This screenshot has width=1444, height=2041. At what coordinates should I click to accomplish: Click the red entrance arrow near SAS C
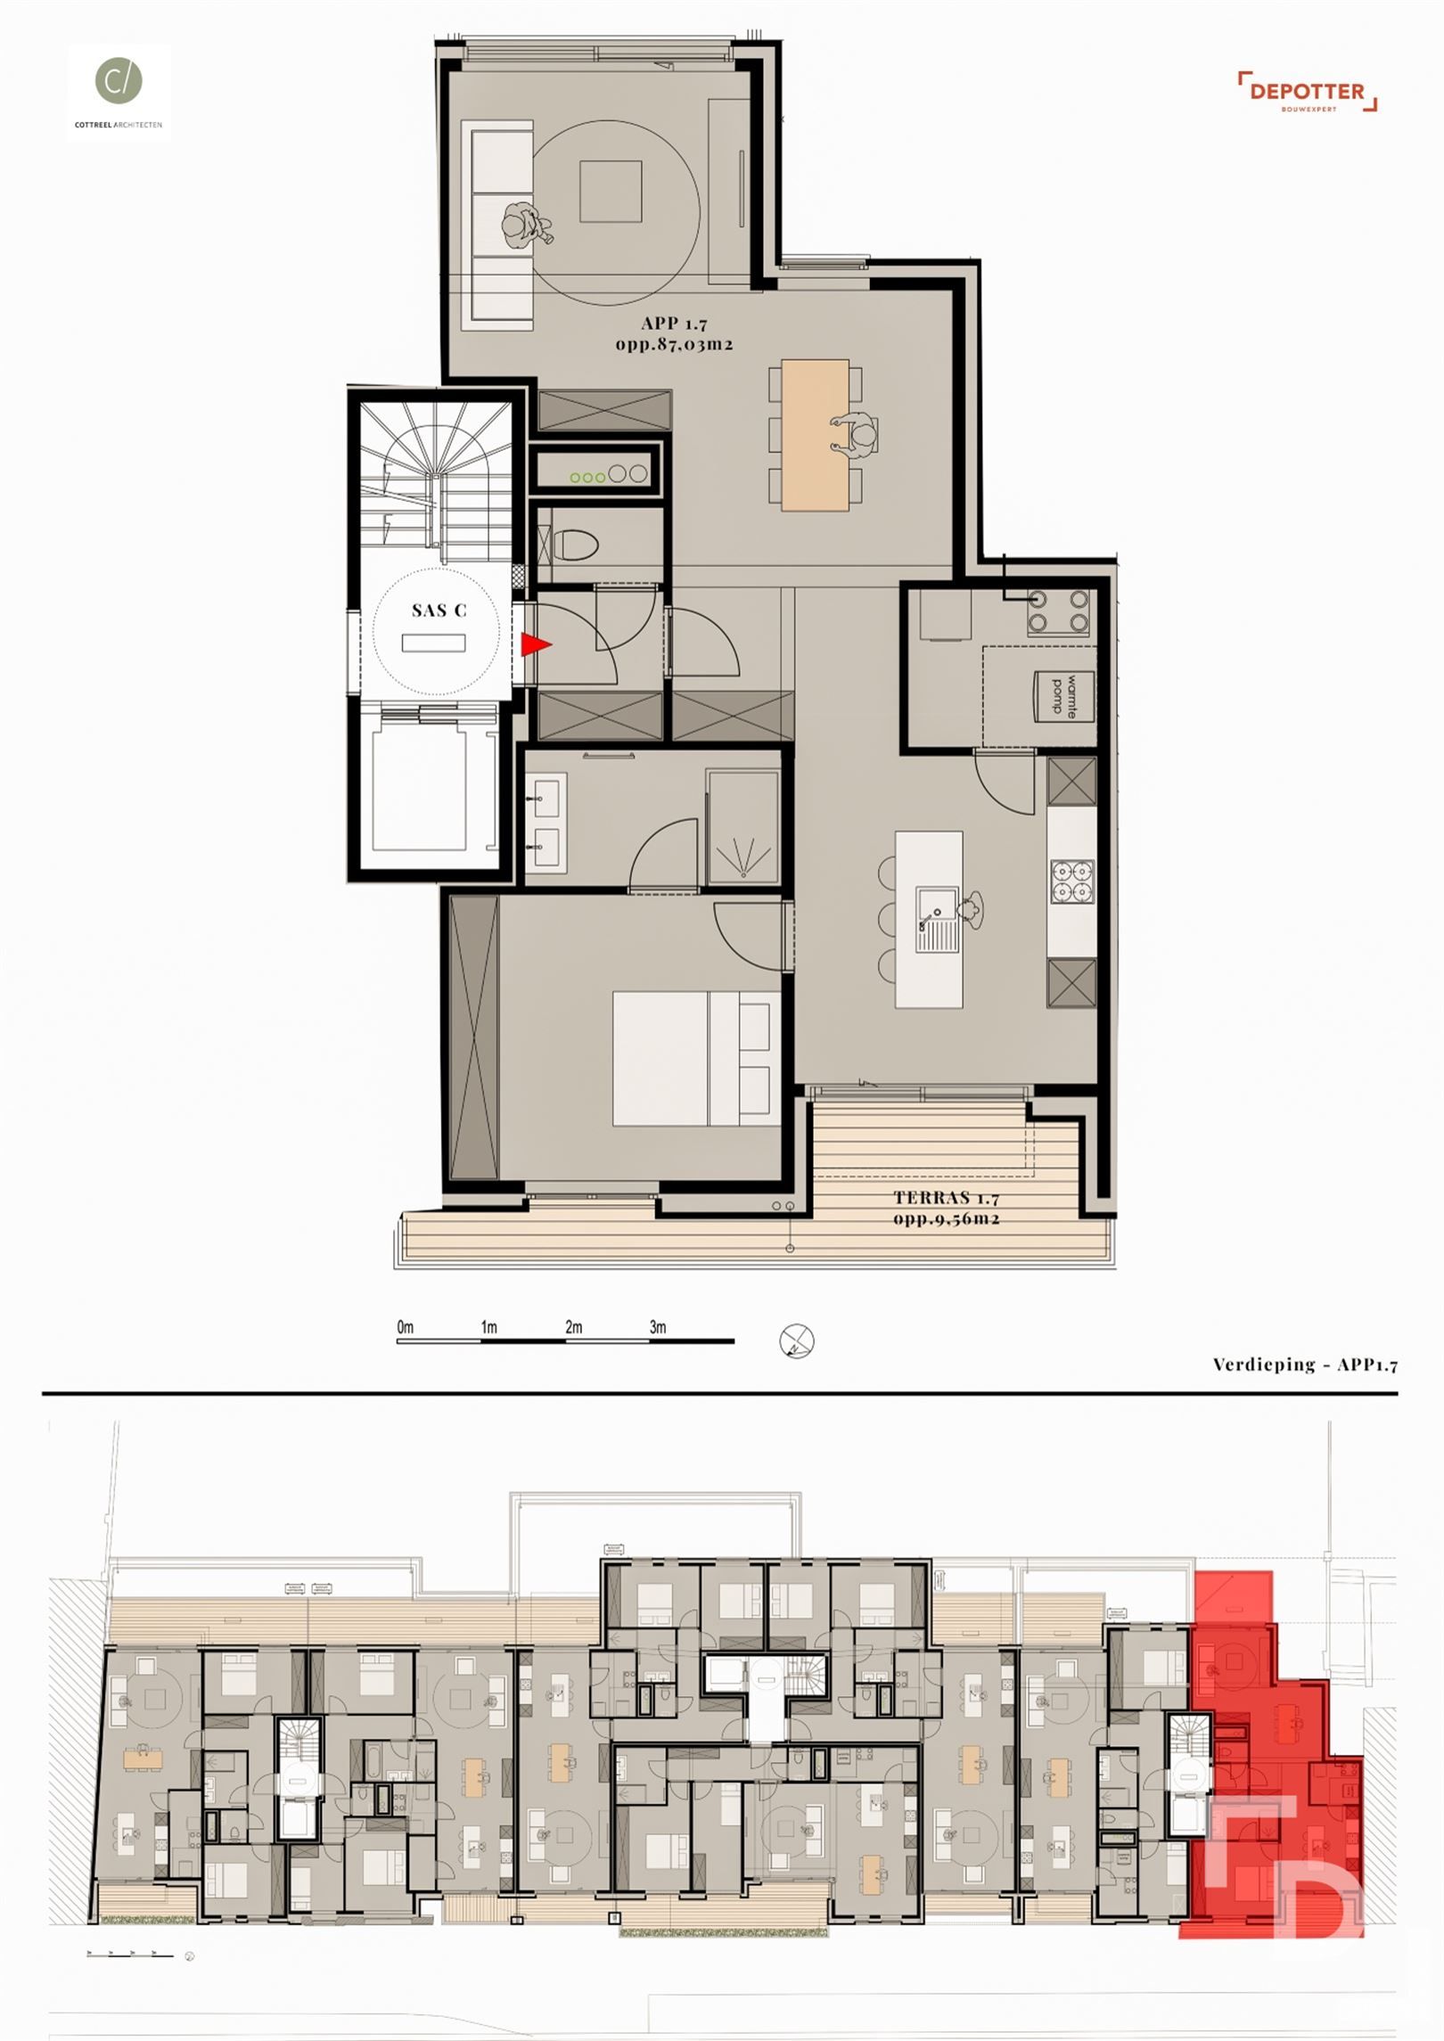535,644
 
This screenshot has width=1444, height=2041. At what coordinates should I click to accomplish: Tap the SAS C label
439,611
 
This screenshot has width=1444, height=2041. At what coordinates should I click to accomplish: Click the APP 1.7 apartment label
674,324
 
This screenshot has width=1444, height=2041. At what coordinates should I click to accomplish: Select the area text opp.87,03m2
674,344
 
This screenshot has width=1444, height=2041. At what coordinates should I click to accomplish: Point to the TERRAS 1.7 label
947,1199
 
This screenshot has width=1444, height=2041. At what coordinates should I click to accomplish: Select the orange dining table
815,434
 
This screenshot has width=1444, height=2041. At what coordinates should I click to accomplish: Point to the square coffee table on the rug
611,191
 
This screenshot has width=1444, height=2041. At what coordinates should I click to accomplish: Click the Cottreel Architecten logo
119,92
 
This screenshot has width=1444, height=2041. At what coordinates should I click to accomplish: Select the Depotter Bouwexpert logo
1307,92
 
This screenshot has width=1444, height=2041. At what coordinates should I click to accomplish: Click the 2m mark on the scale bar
573,1327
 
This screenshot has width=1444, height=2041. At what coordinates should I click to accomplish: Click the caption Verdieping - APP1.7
1304,1364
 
